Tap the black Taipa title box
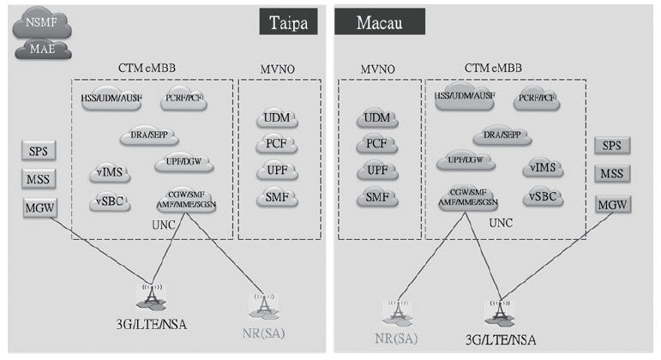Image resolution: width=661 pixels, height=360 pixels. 290,21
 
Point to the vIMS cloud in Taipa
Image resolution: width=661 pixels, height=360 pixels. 111,174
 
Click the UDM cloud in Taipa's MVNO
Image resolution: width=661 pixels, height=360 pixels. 277,118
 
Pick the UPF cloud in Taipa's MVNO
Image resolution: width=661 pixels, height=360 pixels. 277,171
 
